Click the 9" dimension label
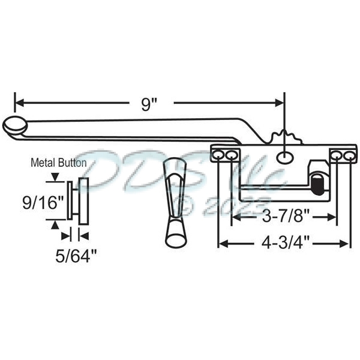(x=149, y=104)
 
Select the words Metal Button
(x=58, y=163)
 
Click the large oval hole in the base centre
(x=282, y=157)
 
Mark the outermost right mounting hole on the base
(x=346, y=157)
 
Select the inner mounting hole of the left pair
(x=232, y=156)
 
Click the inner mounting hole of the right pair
(x=336, y=157)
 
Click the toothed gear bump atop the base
(x=283, y=136)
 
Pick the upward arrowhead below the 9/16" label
(x=55, y=223)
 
